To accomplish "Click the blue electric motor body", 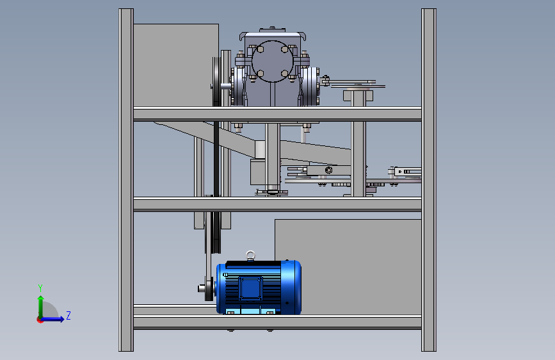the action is [x=259, y=288].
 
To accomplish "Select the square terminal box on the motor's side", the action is [x=250, y=288].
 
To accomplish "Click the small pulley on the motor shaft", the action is [x=209, y=289].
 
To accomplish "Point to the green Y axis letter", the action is [x=40, y=288].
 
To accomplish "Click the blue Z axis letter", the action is [x=68, y=315].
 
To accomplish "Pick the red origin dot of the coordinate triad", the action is [x=40, y=320].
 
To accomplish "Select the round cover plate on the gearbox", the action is [x=273, y=61].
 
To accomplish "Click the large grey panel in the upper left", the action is [x=176, y=65].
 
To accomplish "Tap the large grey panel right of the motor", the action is [x=348, y=267].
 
